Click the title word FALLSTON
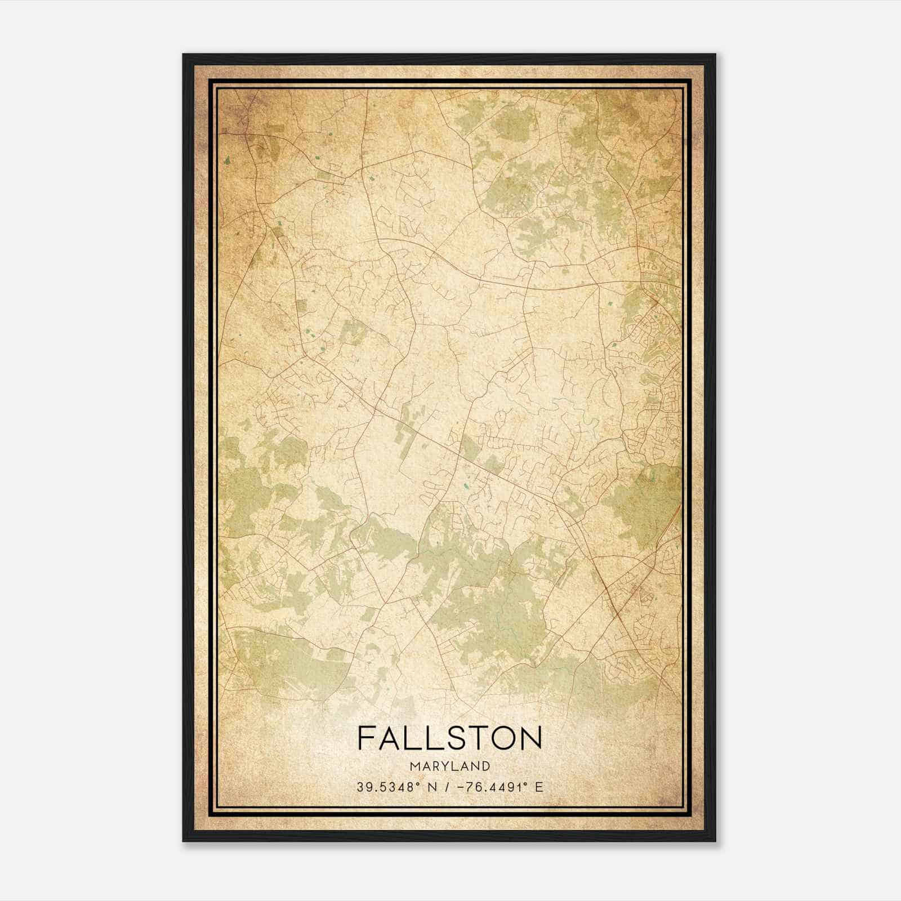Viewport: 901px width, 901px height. click(x=449, y=738)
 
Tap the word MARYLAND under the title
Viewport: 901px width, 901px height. click(x=450, y=766)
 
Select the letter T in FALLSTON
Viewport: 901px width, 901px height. click(x=476, y=738)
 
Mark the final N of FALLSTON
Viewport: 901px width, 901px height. click(x=530, y=738)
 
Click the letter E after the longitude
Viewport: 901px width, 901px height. click(x=539, y=787)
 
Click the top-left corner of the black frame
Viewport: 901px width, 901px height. click(x=184, y=55)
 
